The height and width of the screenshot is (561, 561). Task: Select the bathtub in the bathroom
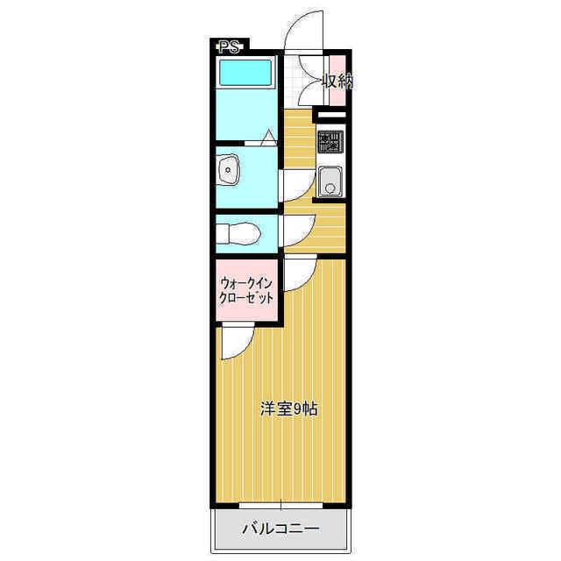pos(245,73)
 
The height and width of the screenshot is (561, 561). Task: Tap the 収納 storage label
pos(338,82)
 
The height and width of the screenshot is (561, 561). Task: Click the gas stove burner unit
pos(330,141)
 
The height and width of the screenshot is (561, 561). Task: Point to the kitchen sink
pos(330,181)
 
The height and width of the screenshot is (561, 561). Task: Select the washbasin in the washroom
pos(228,169)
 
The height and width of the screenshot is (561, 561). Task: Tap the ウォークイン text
pos(247,284)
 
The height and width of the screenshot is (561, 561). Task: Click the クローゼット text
pos(247,298)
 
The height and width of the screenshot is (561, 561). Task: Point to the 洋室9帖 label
pos(288,409)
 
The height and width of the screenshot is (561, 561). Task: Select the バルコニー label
pos(280,529)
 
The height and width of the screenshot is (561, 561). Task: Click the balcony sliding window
pos(280,506)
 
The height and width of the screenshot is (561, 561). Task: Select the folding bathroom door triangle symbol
pos(268,137)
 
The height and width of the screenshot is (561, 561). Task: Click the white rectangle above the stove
pos(331,115)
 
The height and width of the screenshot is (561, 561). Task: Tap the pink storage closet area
pos(337,81)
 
